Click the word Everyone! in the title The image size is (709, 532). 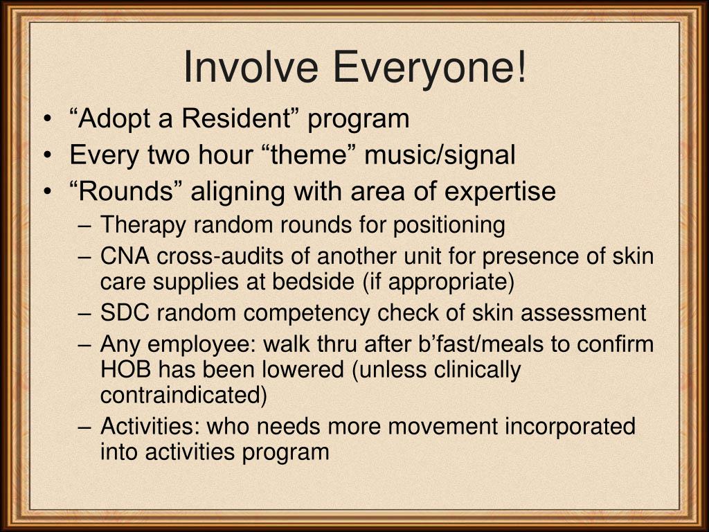point(429,67)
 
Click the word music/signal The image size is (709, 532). point(440,155)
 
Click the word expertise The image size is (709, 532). point(500,191)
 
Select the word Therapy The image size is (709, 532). point(143,225)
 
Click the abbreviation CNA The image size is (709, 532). point(125,257)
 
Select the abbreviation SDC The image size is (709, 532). point(125,313)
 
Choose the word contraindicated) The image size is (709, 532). point(183,395)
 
